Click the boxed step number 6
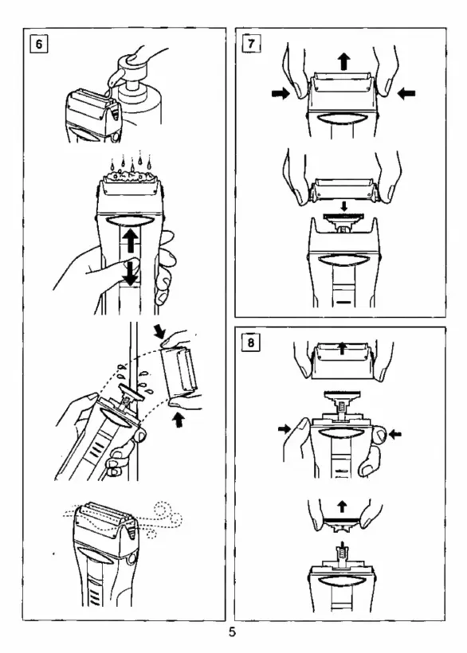pos(39,43)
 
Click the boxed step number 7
pos(251,43)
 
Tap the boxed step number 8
pos(251,342)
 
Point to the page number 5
pos(232,631)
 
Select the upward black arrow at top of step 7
pos(343,61)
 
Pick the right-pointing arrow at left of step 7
pos(281,93)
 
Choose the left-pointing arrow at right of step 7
pos(406,93)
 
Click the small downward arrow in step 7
pos(343,205)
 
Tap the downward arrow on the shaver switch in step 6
pos(131,272)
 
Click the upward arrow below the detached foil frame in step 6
pos(179,420)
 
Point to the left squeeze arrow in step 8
pos(285,428)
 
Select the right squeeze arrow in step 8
pos(394,434)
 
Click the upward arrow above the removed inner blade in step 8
pos(342,506)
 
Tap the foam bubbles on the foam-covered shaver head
pos(130,177)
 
